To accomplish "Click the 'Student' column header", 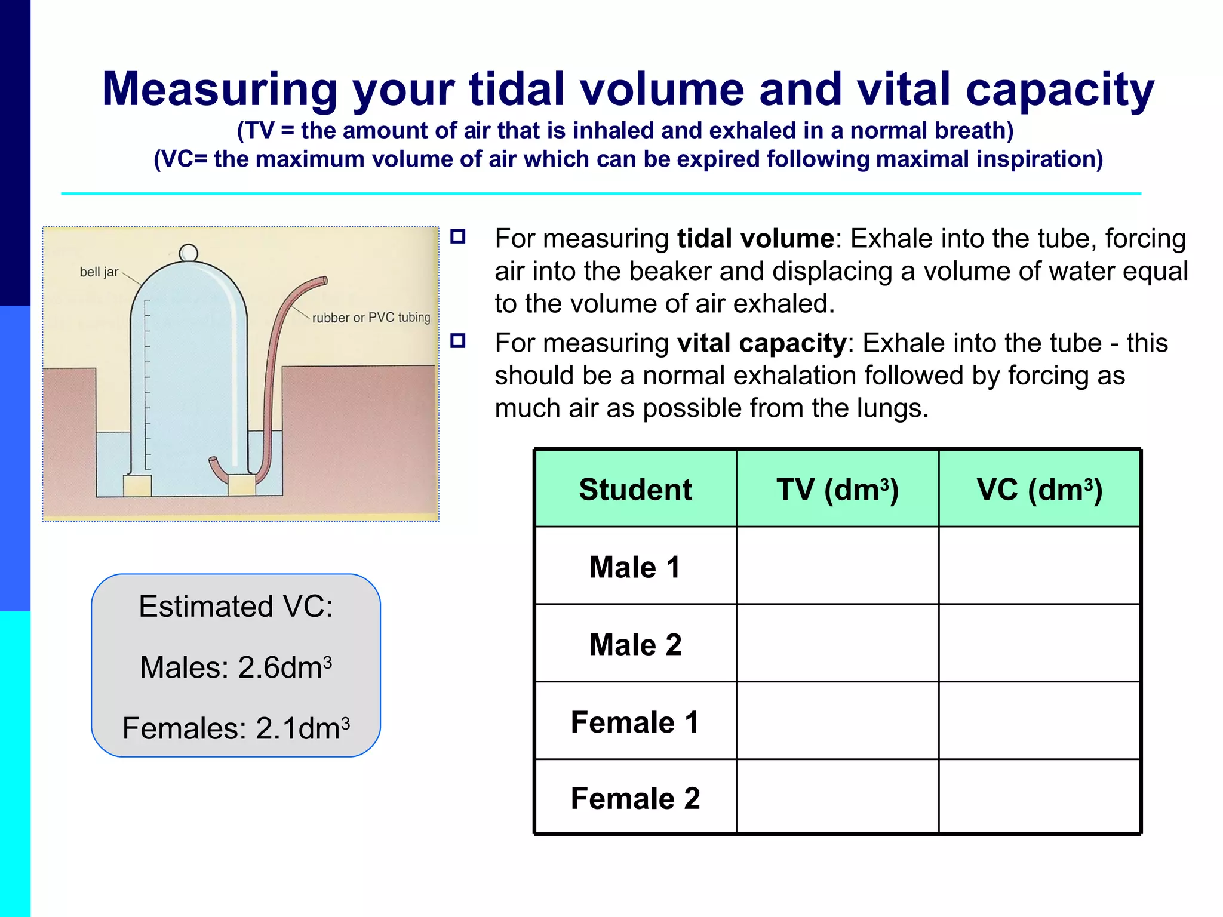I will tap(635, 490).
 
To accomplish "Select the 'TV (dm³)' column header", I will tap(837, 490).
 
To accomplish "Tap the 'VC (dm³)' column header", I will tap(1039, 490).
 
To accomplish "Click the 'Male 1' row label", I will tap(635, 567).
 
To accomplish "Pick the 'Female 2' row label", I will tap(635, 798).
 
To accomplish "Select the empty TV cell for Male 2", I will tap(837, 644).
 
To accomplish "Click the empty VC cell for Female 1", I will tap(1039, 721).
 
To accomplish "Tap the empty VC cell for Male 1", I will tap(1039, 566).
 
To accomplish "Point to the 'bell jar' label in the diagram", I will tap(99, 272).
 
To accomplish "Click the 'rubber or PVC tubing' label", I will tap(371, 318).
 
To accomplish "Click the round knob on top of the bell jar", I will tap(189, 253).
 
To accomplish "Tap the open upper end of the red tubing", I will tap(324, 280).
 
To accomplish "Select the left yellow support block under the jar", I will tap(137, 485).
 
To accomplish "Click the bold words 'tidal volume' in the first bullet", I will tap(755, 239).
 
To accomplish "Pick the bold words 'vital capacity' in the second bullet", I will tap(761, 343).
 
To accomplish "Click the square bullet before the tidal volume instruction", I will tap(458, 236).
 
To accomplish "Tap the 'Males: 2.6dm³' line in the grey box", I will tap(236, 667).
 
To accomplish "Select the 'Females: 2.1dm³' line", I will tap(236, 728).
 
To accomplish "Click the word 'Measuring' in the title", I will tap(220, 90).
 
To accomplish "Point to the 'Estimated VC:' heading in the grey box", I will tap(236, 606).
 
